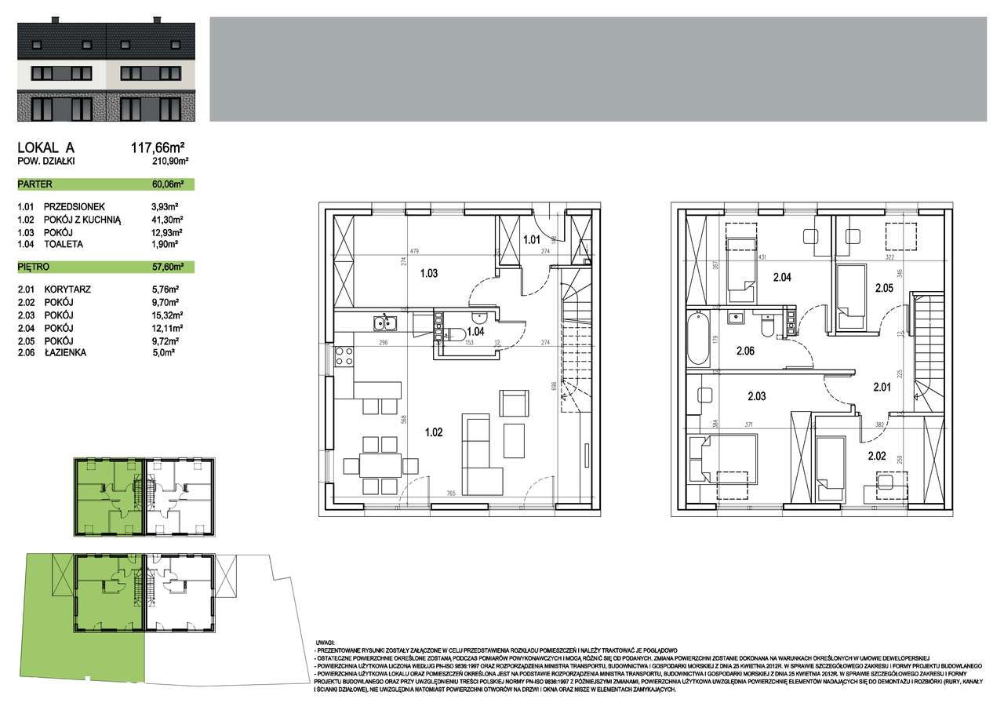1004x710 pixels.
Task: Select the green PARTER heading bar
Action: tap(105, 184)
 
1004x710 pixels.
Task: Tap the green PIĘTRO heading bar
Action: tap(105, 267)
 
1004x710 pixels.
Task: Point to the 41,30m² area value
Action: tap(166, 220)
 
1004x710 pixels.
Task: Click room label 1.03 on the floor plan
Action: tap(428, 273)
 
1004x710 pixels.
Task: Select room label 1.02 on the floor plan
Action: tap(434, 431)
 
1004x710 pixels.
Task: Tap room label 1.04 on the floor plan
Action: tap(475, 332)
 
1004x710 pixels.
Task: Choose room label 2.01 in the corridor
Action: tap(883, 386)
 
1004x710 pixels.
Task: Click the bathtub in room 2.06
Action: tap(698, 339)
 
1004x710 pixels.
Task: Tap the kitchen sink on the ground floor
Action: tap(384, 322)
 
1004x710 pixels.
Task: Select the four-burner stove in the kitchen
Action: tap(343, 357)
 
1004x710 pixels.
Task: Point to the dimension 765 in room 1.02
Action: tap(451, 493)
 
